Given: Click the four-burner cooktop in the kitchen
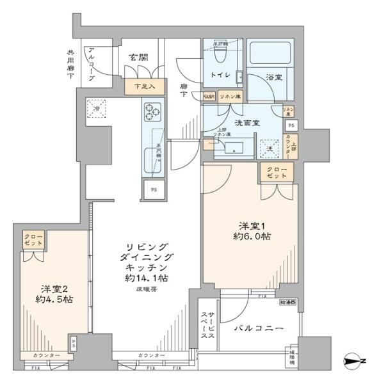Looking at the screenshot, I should point(154,113).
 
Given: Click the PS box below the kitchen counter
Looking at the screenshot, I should point(154,189).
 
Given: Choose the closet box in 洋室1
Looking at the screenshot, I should point(276,172).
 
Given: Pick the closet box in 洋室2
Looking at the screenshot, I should point(33,241).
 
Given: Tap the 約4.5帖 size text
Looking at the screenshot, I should point(53,298).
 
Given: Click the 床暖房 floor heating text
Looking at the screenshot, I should point(147,289).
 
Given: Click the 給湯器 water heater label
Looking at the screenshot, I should point(289,301).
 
